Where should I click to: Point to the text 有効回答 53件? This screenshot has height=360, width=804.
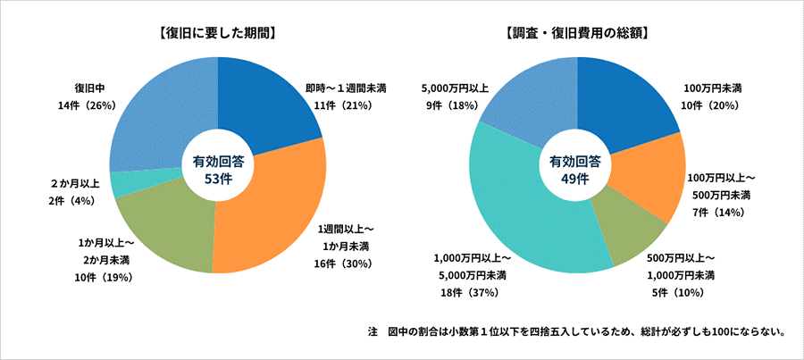coord(218,169)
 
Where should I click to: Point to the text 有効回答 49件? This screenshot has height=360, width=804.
coord(575,169)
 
